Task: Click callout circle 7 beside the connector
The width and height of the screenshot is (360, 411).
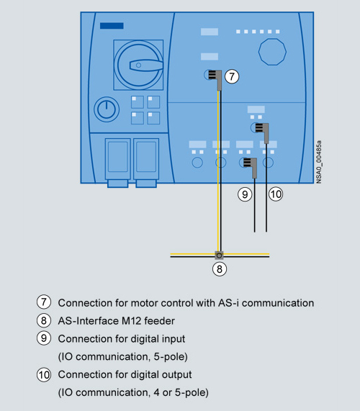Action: [232, 76]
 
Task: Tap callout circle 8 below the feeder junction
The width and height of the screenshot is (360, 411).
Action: [219, 269]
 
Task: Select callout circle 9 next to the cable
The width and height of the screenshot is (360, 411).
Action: [245, 194]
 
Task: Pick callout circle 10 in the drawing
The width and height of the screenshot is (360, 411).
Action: [276, 194]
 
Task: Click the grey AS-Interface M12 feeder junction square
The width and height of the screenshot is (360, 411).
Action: [219, 256]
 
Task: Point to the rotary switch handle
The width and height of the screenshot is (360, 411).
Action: [146, 65]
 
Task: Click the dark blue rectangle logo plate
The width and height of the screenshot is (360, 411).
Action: [112, 26]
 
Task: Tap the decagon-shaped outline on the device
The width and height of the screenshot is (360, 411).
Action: [272, 52]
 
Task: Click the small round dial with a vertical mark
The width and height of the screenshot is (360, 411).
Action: [107, 109]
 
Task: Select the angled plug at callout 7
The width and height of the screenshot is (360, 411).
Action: [216, 78]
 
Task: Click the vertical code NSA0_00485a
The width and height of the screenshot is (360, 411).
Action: [318, 162]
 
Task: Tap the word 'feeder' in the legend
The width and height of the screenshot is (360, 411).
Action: [159, 321]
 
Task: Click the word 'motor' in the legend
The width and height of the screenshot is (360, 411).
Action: [145, 303]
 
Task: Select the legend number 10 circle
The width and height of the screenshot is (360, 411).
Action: [44, 374]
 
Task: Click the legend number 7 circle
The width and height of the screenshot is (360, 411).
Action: [44, 302]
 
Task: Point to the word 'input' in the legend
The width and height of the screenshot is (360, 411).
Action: [173, 339]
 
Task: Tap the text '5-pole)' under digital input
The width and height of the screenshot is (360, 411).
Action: [171, 357]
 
